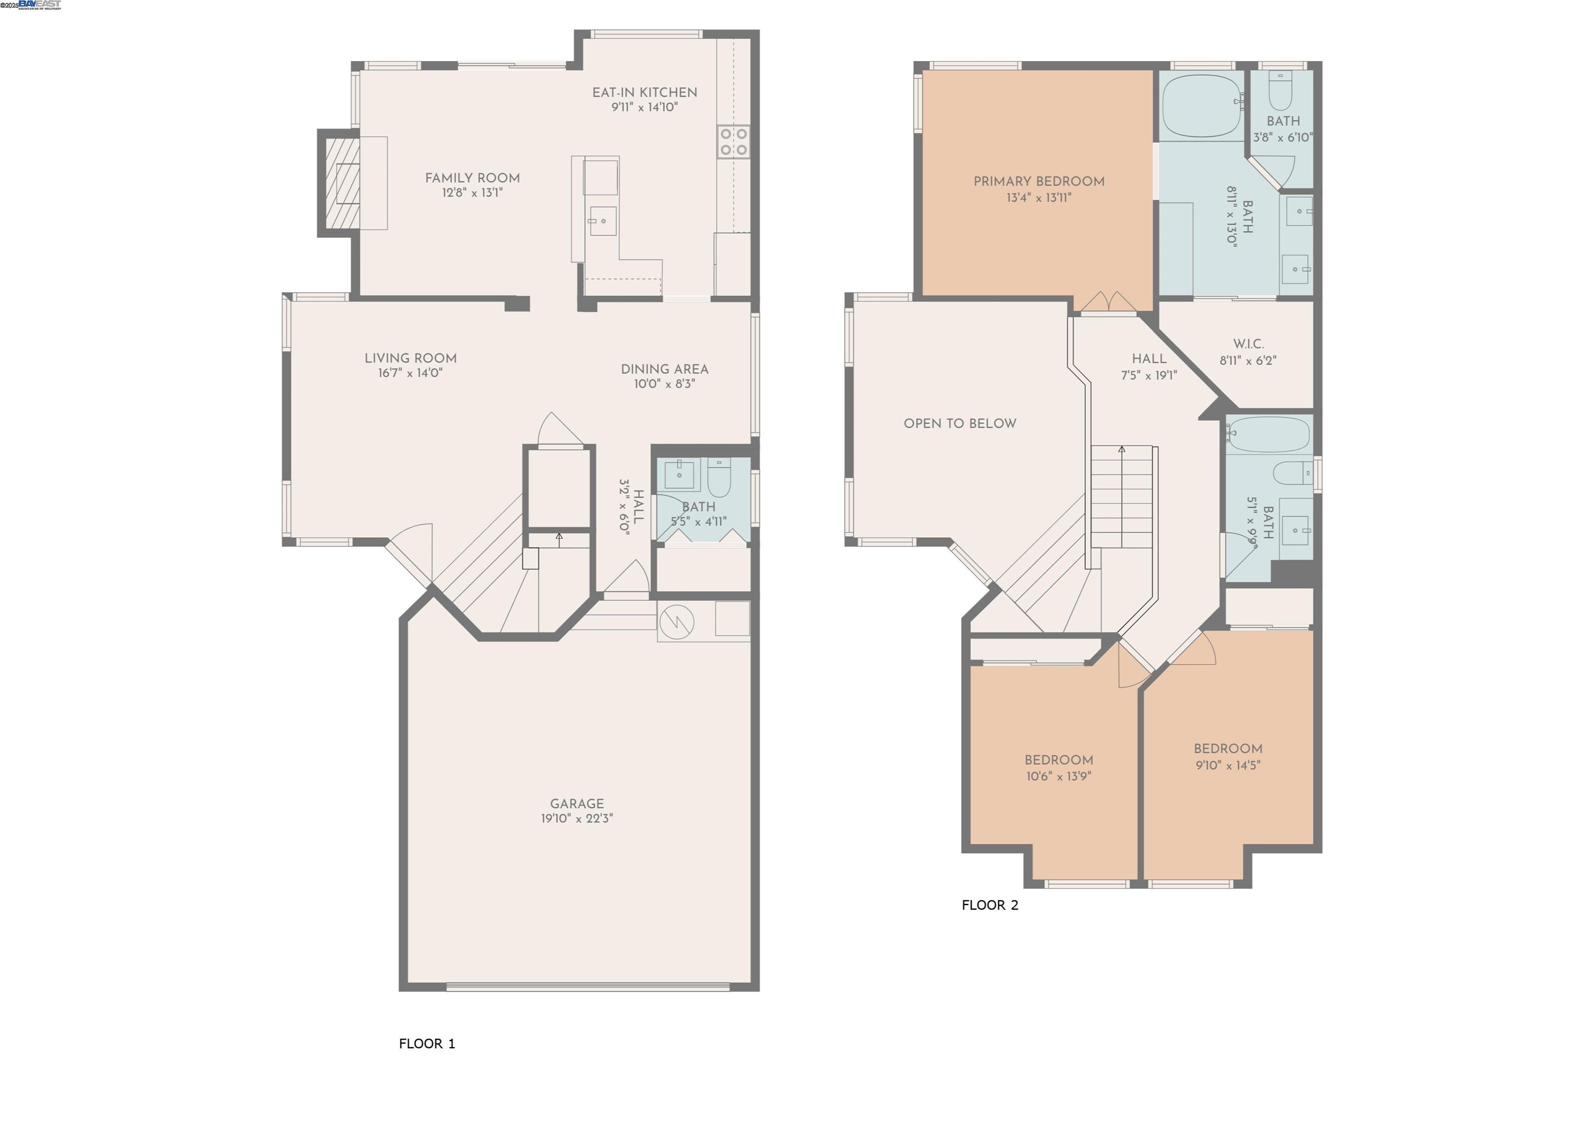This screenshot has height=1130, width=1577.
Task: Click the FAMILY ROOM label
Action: point(472,178)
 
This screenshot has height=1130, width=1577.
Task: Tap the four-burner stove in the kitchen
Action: point(734,141)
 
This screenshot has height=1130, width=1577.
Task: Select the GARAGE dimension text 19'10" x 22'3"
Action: point(576,818)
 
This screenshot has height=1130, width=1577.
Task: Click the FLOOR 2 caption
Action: point(989,905)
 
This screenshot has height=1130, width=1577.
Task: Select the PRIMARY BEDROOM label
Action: point(1039,182)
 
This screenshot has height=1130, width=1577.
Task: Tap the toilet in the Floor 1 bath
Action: point(719,477)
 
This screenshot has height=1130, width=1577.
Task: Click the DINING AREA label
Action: point(664,369)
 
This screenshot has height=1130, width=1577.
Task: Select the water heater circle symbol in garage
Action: point(677,621)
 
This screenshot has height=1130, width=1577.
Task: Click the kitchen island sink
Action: point(603,221)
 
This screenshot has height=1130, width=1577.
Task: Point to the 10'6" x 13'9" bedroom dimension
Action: point(1059,776)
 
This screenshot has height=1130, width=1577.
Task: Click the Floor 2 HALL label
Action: point(1149,359)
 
